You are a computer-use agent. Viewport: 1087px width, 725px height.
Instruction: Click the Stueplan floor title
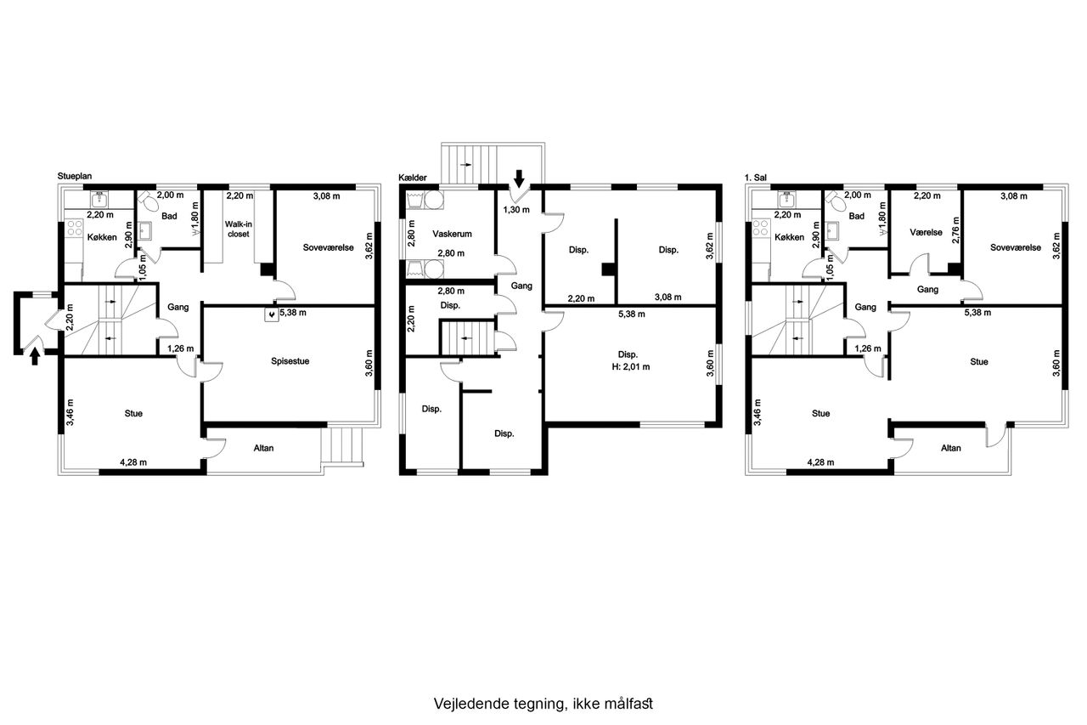74,176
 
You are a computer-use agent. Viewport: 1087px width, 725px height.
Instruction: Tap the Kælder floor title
413,178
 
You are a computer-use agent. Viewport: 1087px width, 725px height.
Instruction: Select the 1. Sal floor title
756,178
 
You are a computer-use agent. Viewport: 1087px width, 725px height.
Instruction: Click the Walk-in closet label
239,229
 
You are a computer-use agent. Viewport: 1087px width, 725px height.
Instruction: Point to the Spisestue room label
290,361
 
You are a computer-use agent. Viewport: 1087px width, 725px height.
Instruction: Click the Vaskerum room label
452,234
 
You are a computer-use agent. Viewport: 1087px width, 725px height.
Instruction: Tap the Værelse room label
926,232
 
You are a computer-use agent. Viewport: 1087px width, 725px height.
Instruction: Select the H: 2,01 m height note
631,366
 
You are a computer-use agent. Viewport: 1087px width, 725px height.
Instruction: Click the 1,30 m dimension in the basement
516,210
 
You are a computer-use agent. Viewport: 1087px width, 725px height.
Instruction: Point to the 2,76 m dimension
956,230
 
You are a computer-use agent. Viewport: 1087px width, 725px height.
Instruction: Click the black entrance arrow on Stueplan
35,357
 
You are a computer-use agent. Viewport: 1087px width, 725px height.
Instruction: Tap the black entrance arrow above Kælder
519,178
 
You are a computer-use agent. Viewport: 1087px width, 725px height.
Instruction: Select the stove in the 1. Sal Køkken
761,228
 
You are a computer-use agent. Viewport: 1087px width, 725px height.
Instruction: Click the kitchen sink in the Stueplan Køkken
99,199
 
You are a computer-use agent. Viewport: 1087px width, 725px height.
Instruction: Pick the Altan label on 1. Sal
950,448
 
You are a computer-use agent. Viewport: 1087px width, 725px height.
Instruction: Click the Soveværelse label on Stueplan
328,247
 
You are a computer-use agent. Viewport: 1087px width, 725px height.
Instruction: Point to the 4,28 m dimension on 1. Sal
820,462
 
